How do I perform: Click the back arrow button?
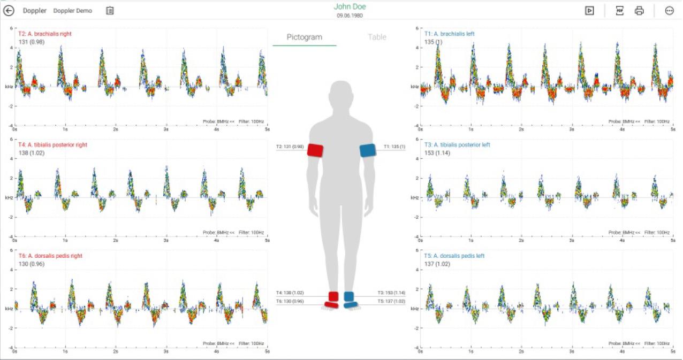pos(9,10)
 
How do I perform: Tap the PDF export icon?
pos(619,10)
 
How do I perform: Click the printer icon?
pos(639,10)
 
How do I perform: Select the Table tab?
pos(377,37)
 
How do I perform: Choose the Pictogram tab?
pos(304,37)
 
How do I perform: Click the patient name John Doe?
pos(350,6)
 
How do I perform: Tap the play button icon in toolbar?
pos(589,10)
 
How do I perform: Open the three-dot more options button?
pos(669,10)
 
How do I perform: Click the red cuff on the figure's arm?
pos(315,150)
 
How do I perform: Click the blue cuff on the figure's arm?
pos(368,150)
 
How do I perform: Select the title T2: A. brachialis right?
pos(45,34)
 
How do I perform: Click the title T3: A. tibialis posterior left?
pos(461,145)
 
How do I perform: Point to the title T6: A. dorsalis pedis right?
pos(50,256)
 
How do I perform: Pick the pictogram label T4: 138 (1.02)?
pos(290,293)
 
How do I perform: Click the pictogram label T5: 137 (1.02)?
pos(391,302)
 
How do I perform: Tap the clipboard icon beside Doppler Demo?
pos(110,10)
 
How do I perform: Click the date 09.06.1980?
pos(350,16)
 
